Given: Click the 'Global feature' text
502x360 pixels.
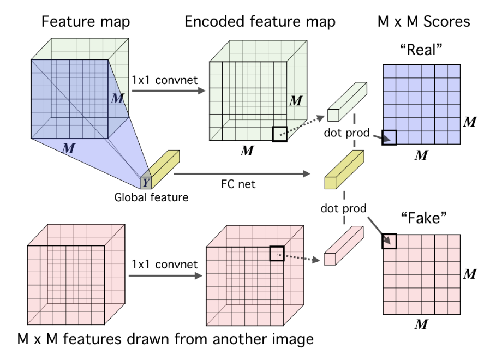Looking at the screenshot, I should coord(151,197).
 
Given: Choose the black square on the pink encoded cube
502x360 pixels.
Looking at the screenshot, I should coord(277,253).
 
